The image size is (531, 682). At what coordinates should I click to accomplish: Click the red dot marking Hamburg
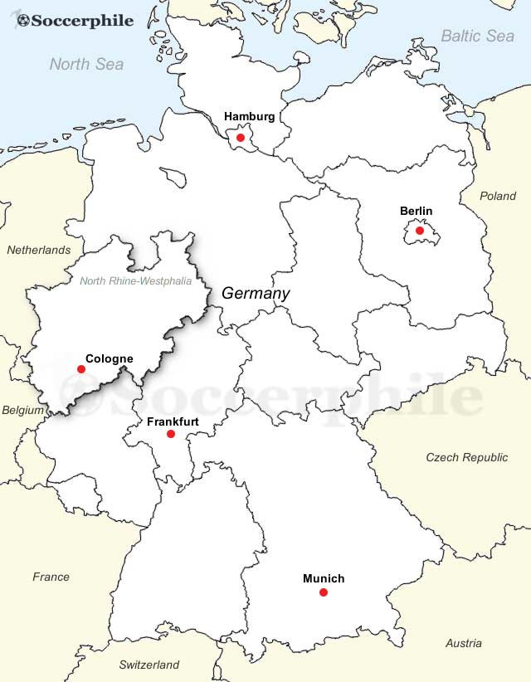[x=241, y=138]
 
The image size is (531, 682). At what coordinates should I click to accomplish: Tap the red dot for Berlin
[x=420, y=231]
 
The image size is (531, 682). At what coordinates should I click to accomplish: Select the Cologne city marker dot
[x=81, y=369]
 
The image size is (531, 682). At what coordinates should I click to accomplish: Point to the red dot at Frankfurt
[x=171, y=434]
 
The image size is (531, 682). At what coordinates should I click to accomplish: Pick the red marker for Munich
[x=324, y=592]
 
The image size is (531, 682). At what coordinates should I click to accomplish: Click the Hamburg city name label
[x=249, y=117]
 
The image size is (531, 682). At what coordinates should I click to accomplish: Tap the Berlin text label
[x=416, y=212]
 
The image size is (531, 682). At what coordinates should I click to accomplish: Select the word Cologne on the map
[x=109, y=358]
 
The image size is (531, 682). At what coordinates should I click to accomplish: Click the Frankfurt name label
[x=173, y=421]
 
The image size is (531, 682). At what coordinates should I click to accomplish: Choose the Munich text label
[x=324, y=578]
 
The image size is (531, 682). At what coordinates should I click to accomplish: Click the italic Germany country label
[x=256, y=294]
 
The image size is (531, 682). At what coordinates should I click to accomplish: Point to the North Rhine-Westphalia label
[x=135, y=281]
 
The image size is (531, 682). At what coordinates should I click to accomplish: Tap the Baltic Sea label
[x=477, y=36]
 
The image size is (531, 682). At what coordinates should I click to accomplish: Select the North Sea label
[x=86, y=64]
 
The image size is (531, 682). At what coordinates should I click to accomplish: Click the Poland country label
[x=498, y=197]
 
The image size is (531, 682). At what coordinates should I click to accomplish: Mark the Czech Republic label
[x=467, y=457]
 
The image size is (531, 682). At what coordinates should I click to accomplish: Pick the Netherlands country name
[x=39, y=250]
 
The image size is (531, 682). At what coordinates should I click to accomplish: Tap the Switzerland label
[x=149, y=665]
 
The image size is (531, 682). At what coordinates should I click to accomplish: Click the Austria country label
[x=463, y=643]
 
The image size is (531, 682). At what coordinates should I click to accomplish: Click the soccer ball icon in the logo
[x=22, y=20]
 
